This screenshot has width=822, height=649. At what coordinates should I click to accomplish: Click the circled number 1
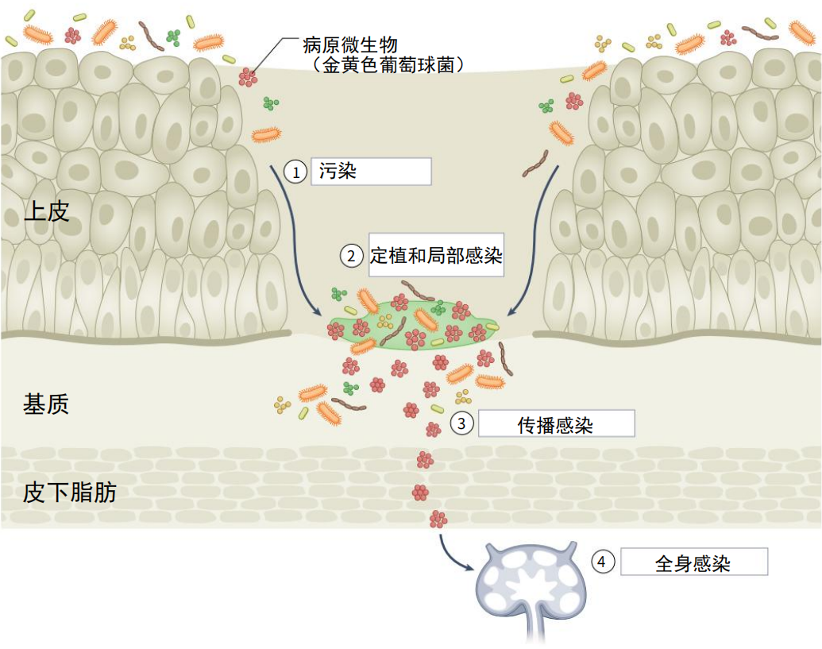pos(295,172)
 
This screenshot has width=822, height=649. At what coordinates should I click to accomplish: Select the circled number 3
pos(461,423)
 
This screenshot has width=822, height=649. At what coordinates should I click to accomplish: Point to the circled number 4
pos(603,562)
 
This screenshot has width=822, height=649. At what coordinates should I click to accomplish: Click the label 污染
pos(338,171)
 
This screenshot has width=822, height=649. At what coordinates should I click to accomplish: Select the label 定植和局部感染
pos(436,255)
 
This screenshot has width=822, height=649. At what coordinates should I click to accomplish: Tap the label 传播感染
pos(555,425)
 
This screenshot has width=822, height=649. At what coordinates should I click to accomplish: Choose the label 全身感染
pos(693,563)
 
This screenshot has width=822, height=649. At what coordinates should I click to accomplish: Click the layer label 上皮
pos(47,211)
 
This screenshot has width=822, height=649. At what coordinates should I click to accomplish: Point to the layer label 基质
pos(46,404)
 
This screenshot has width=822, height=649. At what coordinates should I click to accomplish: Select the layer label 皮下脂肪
pos(70,493)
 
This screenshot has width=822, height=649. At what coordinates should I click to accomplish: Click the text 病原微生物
pos(350,44)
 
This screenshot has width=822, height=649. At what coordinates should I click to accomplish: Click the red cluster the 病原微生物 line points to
pos(249,76)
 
